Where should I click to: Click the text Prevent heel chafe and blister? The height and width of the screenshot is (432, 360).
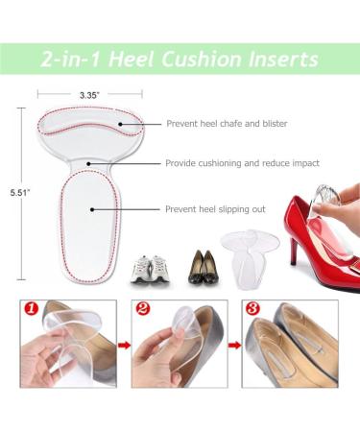(x=226, y=124)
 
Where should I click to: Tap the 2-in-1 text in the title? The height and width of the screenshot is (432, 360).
(x=70, y=59)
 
